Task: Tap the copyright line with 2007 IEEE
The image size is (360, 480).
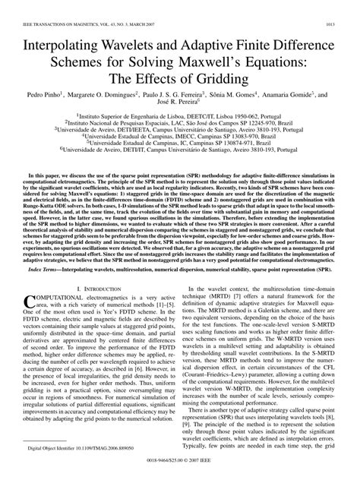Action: tap(180, 461)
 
